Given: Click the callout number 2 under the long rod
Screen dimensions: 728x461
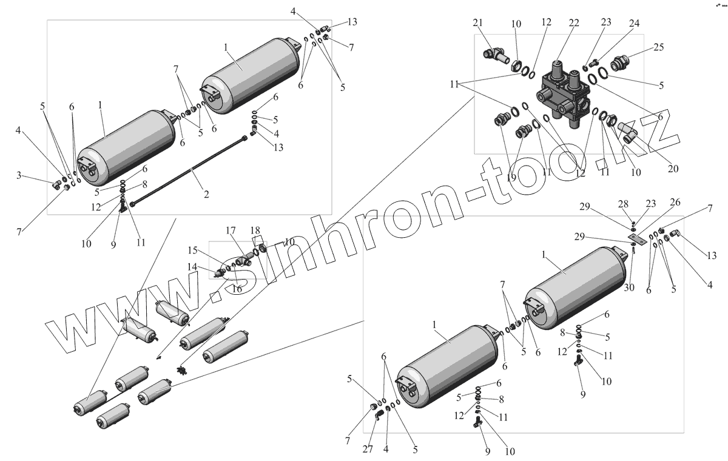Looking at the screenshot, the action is click(x=206, y=195).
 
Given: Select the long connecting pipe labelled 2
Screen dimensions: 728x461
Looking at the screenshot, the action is click(x=188, y=170).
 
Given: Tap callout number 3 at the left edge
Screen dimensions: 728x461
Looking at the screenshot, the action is click(x=36, y=176).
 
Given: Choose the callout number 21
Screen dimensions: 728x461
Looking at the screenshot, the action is click(x=479, y=23).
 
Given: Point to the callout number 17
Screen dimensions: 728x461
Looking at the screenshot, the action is click(x=231, y=231).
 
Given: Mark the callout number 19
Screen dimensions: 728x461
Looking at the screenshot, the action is click(x=512, y=178).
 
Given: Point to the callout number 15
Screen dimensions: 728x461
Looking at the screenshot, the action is click(x=193, y=250).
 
